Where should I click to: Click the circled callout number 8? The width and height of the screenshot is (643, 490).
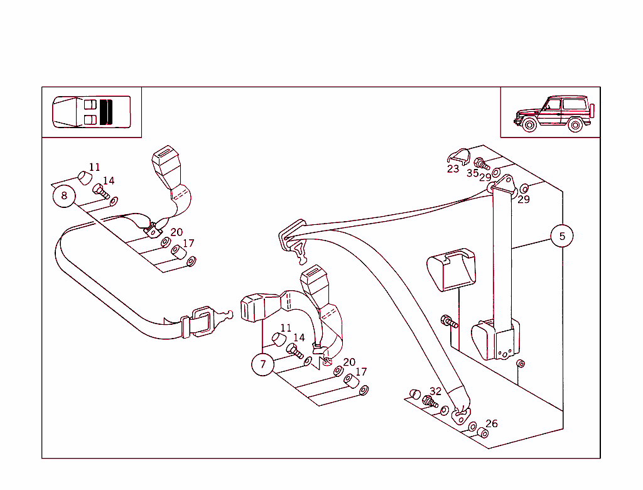click(64, 196)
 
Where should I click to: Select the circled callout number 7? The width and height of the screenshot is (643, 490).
click(263, 364)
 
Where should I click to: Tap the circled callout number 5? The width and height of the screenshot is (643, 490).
click(562, 236)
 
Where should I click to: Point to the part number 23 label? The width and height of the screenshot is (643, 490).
click(453, 169)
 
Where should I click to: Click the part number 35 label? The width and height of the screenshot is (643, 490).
click(472, 173)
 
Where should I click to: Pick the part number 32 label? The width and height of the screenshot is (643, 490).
click(436, 391)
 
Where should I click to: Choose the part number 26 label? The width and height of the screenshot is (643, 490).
click(492, 424)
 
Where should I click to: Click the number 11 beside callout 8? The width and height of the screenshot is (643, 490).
click(94, 167)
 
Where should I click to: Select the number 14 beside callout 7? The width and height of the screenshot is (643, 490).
click(299, 338)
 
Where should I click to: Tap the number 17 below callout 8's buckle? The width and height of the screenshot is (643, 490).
click(188, 244)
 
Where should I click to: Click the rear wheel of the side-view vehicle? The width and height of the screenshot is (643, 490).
click(575, 125)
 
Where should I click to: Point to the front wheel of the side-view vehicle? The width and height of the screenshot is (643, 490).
click(529, 125)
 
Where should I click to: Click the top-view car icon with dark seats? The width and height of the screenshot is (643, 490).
click(92, 112)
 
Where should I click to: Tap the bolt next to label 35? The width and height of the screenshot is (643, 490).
click(482, 165)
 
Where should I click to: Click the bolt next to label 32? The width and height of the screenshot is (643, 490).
click(430, 401)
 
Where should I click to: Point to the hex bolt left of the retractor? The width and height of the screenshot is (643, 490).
click(449, 322)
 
